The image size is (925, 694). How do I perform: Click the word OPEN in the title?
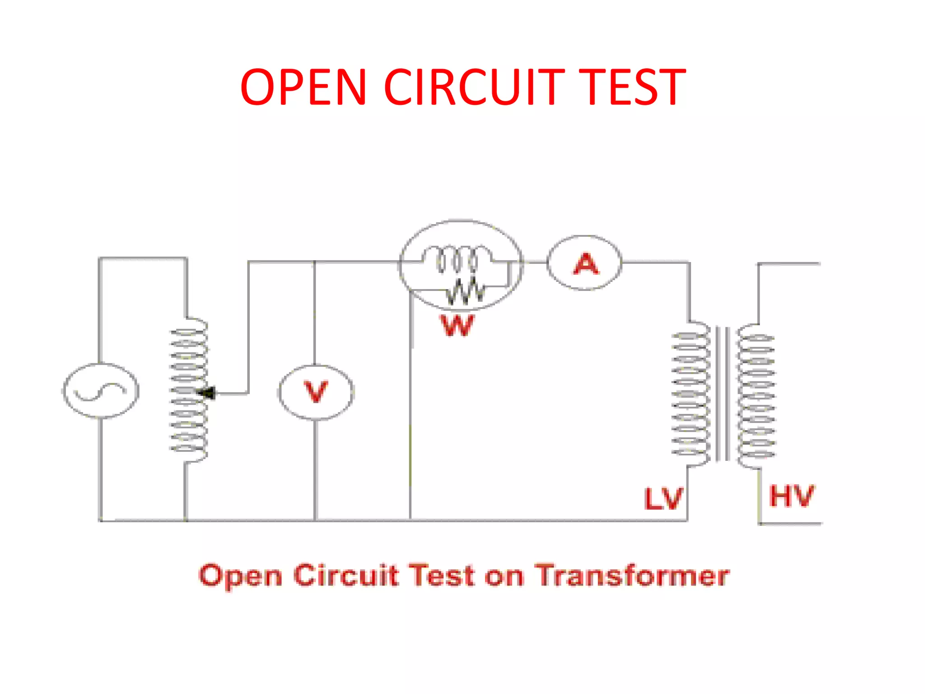(x=303, y=87)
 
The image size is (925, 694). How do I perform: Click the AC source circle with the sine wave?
(x=100, y=391)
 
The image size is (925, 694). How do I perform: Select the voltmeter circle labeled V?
(x=316, y=392)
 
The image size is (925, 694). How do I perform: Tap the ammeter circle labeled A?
(x=584, y=263)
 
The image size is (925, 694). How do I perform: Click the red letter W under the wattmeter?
(x=457, y=325)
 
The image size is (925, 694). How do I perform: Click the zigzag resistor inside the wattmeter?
(x=465, y=291)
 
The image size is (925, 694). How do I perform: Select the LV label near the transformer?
(x=663, y=499)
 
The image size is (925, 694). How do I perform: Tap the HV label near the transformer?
(x=791, y=496)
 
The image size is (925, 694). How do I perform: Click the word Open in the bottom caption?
(x=240, y=577)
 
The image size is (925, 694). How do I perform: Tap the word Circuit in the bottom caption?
(x=346, y=576)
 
